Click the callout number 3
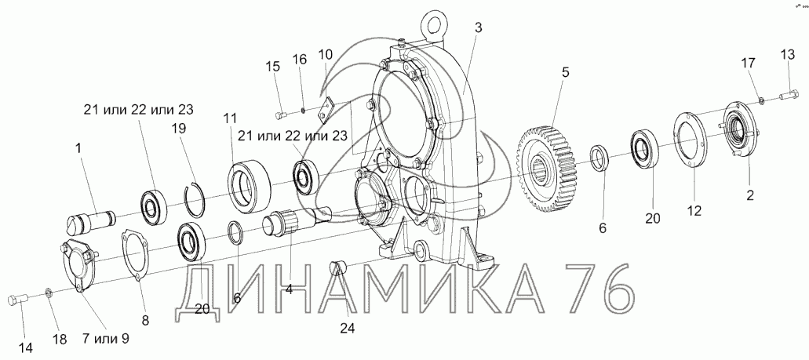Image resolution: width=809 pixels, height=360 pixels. tap(478, 28)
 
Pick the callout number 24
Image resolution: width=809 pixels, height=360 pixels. tap(348, 328)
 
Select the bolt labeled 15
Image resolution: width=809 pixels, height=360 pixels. tap(282, 114)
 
